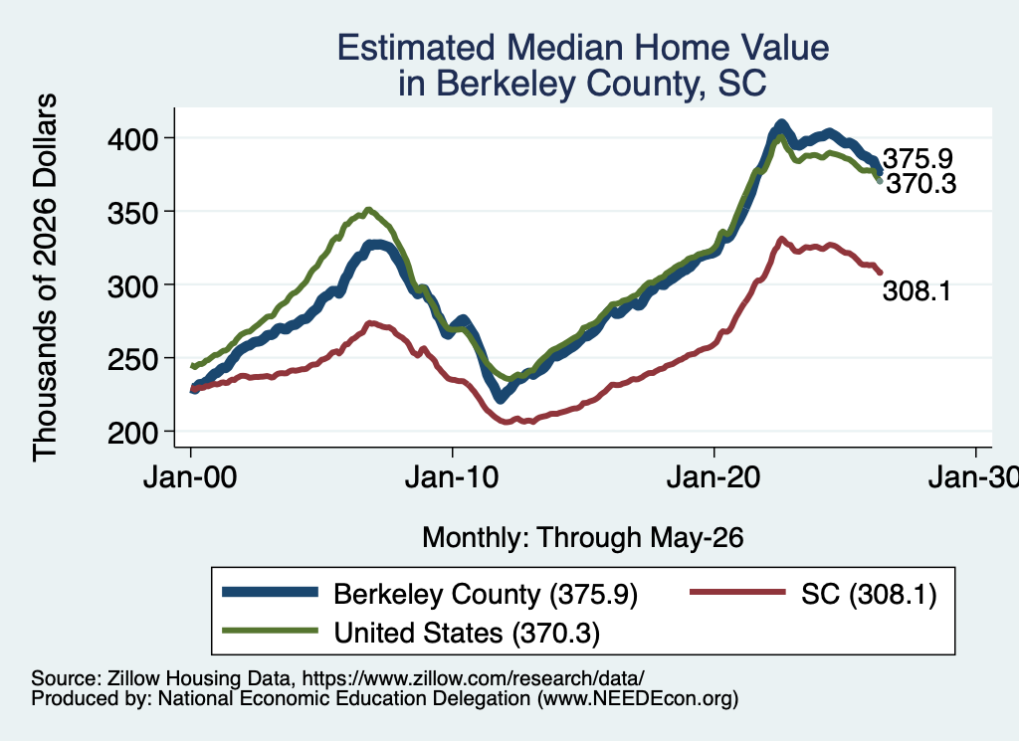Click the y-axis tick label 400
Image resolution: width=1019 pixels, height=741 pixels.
point(133,139)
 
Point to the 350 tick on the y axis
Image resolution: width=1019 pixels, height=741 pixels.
point(133,213)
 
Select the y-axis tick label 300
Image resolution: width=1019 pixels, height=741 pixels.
point(133,285)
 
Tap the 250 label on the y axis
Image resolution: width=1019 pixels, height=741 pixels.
point(133,359)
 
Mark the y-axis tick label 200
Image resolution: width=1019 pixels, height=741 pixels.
point(133,433)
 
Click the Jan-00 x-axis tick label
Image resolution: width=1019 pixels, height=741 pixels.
point(190,477)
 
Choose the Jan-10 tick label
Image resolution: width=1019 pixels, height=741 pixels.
point(452,477)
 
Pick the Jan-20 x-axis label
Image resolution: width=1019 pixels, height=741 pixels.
point(713,477)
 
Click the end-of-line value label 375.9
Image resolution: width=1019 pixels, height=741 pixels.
point(917,158)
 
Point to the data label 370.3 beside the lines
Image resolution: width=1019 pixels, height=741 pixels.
point(921,184)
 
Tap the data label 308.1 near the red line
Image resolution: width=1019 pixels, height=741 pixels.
point(917,291)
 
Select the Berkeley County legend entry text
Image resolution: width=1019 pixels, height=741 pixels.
point(486,594)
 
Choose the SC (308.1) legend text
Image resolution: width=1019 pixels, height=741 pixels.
point(869,594)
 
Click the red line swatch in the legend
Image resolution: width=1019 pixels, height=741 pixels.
point(737,592)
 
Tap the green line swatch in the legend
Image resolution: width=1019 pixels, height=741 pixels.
point(271,631)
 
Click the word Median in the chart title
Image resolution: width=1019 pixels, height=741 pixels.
point(565,48)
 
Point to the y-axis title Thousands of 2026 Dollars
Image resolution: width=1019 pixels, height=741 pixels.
point(46,278)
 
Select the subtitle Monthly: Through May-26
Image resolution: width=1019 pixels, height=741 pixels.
point(583,538)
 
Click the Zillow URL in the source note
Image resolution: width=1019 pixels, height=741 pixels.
point(473,678)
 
